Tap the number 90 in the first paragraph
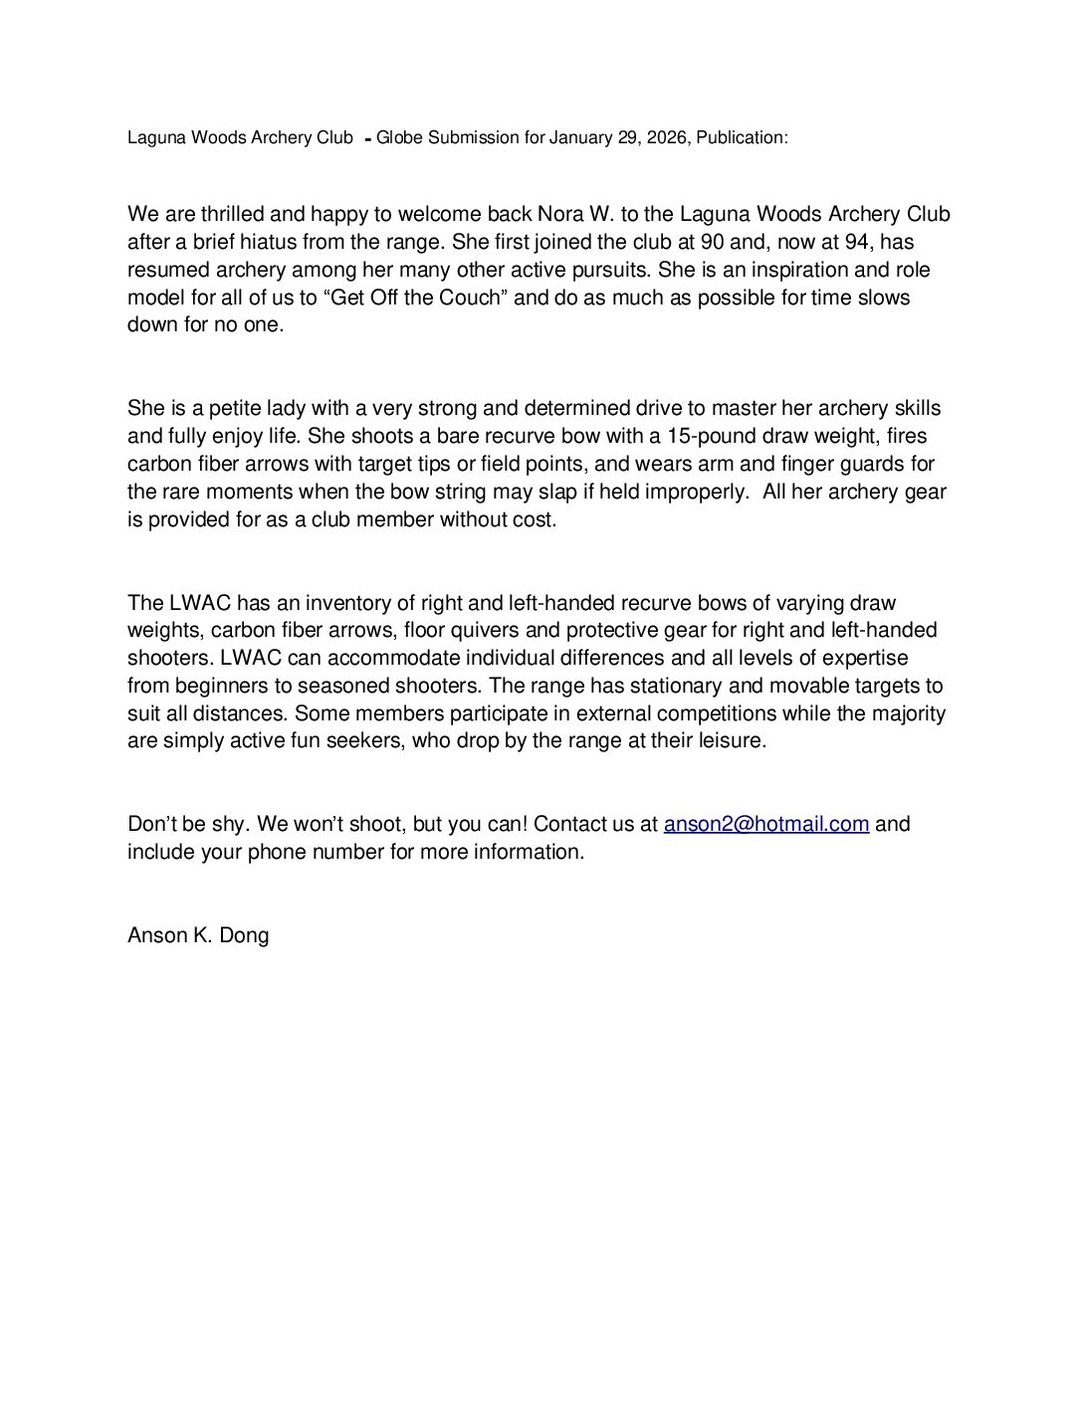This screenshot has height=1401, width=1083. (x=714, y=242)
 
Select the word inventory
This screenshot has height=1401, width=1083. (x=345, y=603)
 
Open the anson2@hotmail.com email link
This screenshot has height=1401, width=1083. (x=766, y=824)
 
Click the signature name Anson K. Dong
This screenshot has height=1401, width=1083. (x=198, y=935)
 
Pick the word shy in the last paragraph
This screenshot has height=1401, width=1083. (x=234, y=824)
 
